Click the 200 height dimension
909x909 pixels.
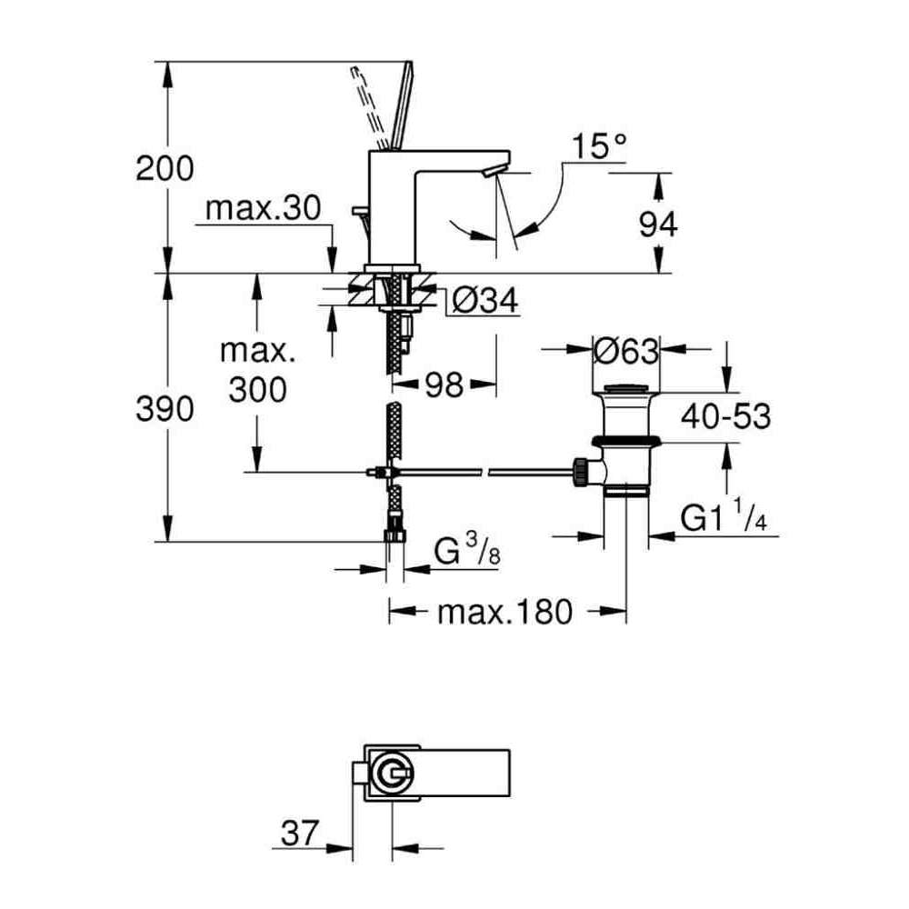click(x=165, y=169)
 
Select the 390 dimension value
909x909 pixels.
click(x=165, y=410)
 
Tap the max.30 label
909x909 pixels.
click(x=263, y=210)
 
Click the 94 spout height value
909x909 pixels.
click(x=657, y=223)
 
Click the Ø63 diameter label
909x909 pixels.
click(x=624, y=349)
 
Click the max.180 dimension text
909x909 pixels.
click(x=505, y=612)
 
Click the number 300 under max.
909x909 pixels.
click(x=257, y=390)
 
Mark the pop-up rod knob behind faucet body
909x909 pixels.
click(x=359, y=213)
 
